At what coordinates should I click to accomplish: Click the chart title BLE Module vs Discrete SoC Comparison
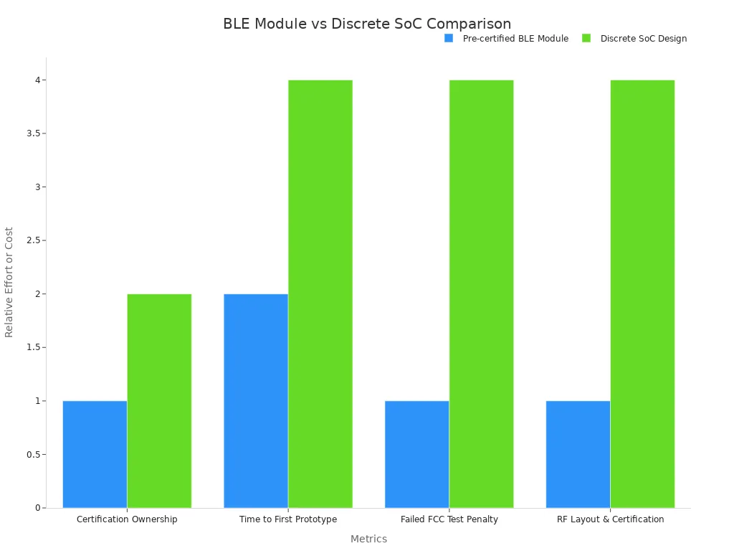click(x=367, y=24)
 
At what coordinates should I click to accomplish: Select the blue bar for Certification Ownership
click(x=95, y=454)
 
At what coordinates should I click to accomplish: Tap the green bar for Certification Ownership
click(x=159, y=401)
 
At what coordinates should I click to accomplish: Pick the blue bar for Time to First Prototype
click(x=256, y=401)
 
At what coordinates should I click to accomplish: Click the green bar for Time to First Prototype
click(x=320, y=294)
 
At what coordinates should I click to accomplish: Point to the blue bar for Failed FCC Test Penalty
click(x=417, y=454)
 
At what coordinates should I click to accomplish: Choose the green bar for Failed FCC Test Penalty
click(x=481, y=294)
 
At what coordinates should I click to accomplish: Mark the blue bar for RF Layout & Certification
click(x=578, y=454)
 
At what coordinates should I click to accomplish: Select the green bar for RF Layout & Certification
click(x=642, y=294)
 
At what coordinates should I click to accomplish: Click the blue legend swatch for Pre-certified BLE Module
click(x=449, y=39)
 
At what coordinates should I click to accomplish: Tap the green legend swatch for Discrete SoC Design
click(x=586, y=39)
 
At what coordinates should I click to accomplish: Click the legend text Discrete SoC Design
click(x=644, y=39)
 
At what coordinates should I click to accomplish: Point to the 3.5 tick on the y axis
click(x=44, y=133)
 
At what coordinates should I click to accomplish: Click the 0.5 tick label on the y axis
click(x=34, y=454)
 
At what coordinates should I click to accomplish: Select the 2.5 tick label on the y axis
click(x=34, y=240)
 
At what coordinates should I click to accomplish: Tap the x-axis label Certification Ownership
click(x=127, y=519)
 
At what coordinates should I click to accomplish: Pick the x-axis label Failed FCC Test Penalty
click(x=449, y=519)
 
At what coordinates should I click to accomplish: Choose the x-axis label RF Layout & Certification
click(x=611, y=519)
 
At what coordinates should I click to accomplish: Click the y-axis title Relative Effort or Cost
click(x=9, y=282)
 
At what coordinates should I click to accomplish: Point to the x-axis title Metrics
click(x=369, y=539)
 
